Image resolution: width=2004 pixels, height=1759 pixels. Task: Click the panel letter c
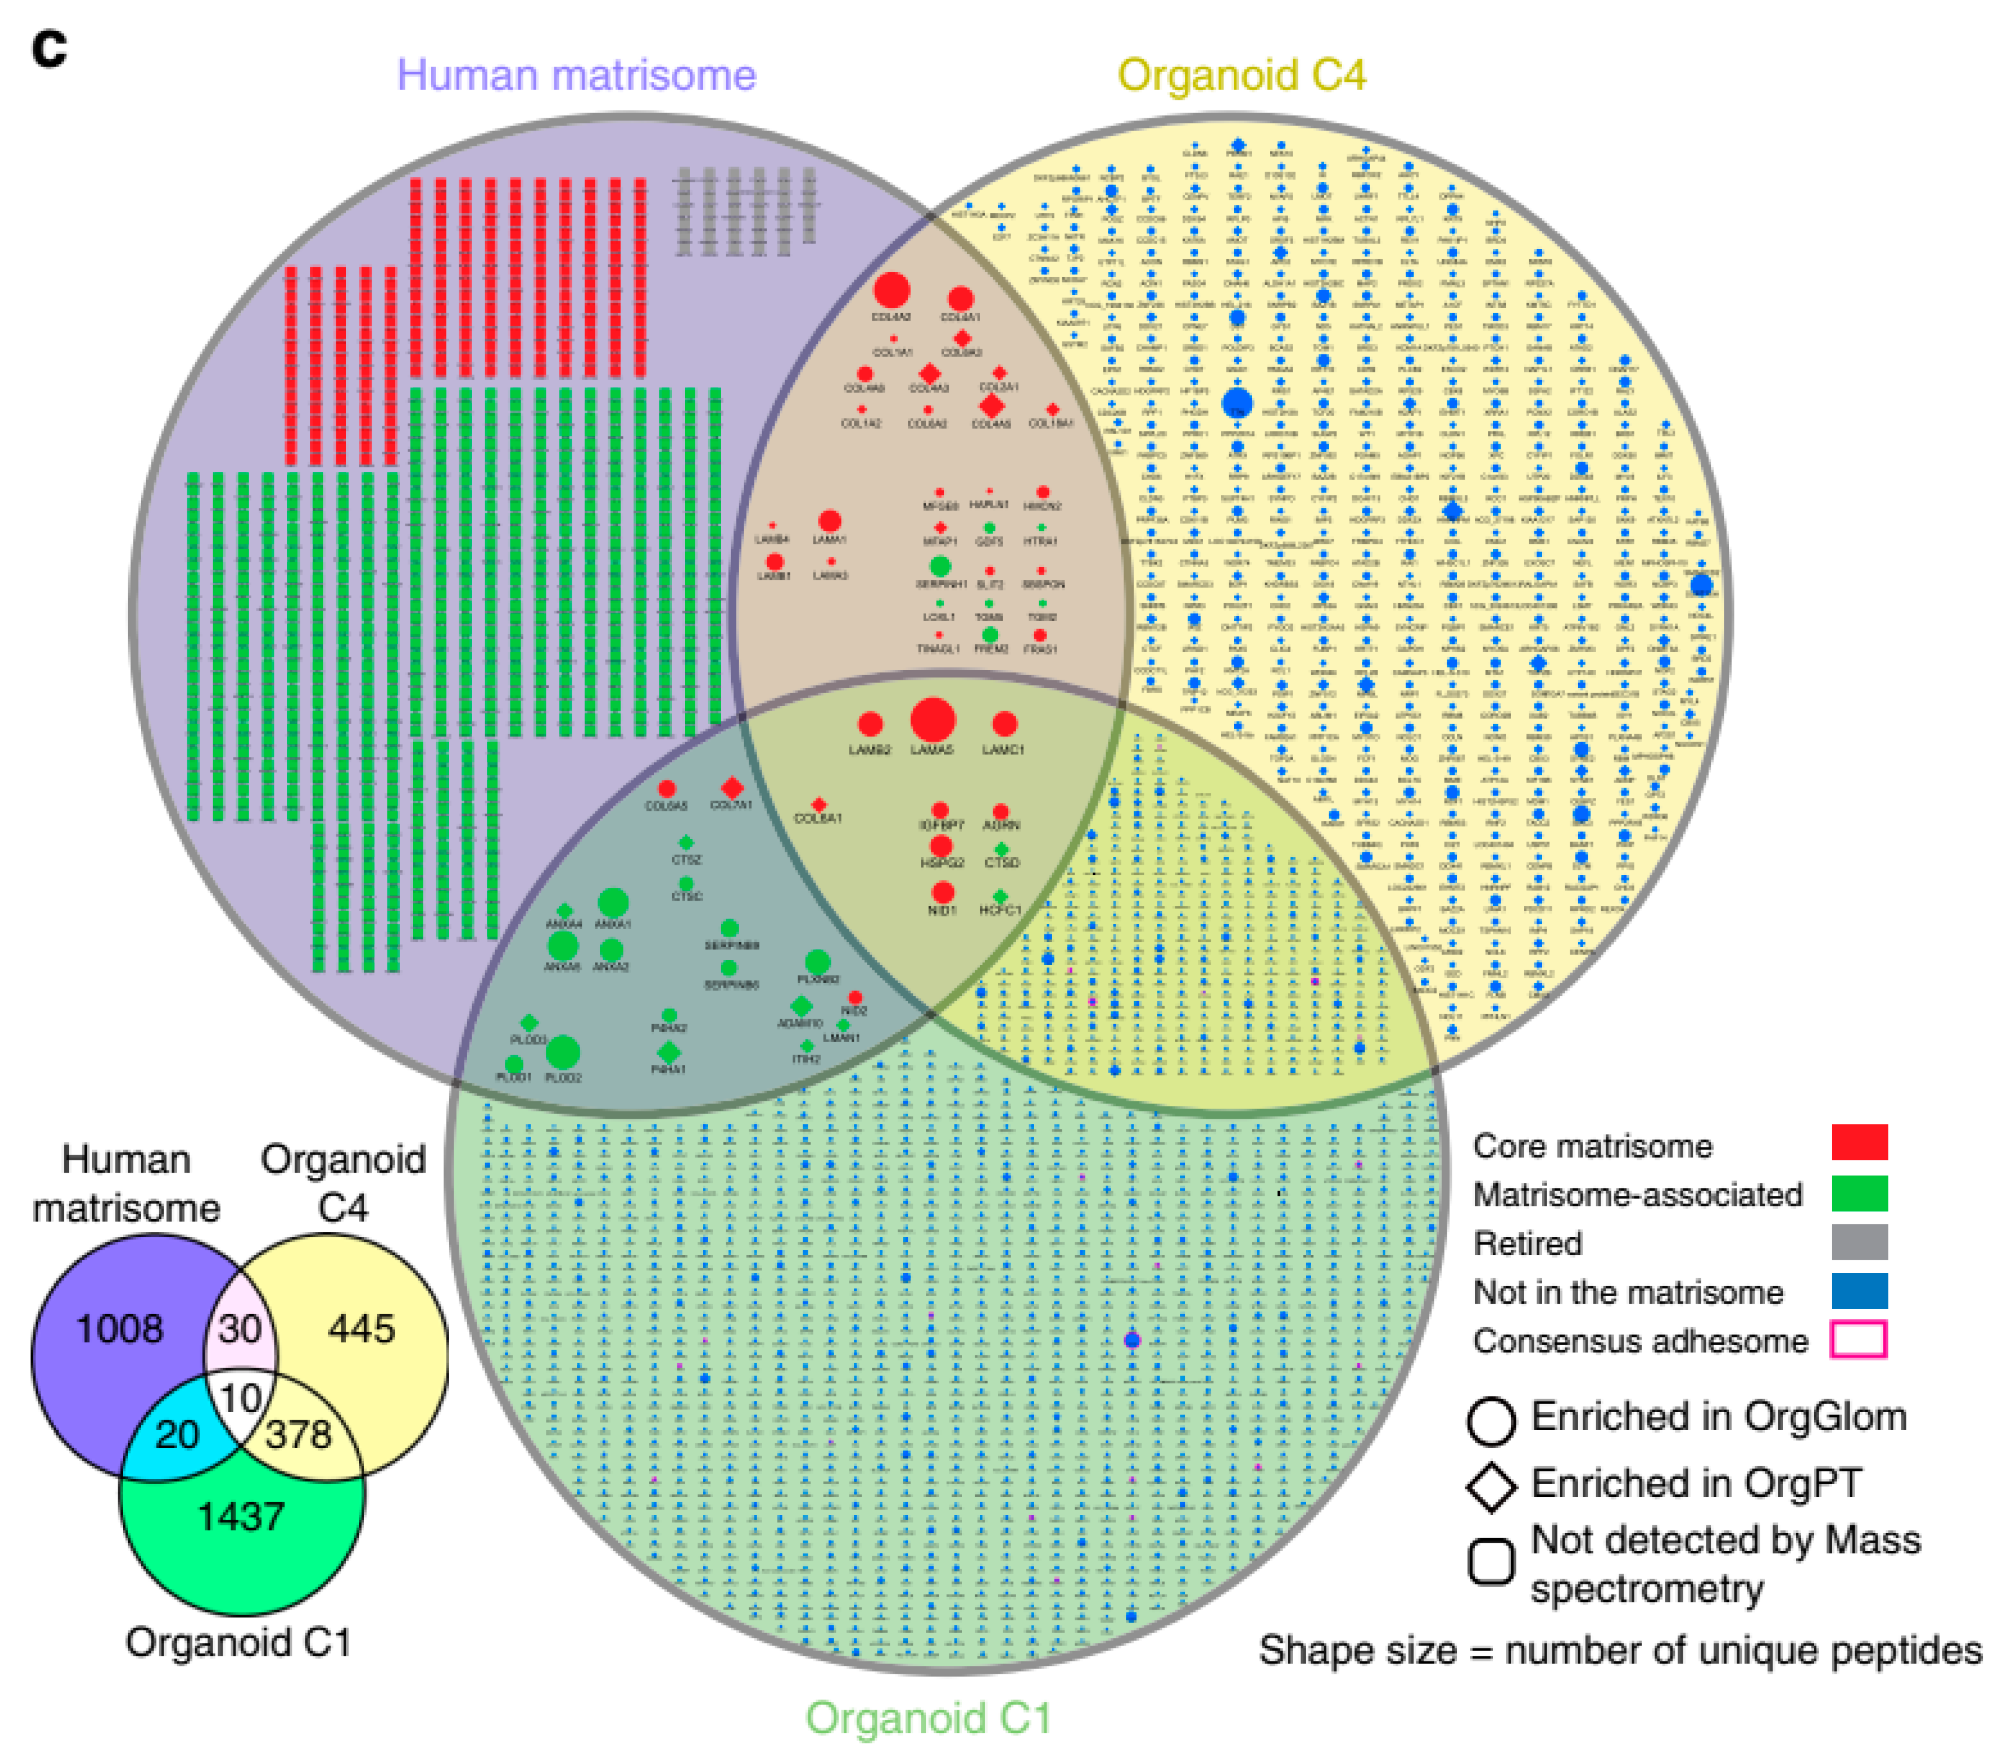[49, 47]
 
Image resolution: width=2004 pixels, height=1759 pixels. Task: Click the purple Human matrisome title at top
[576, 75]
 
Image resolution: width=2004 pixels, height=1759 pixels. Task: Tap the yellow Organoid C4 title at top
[1241, 75]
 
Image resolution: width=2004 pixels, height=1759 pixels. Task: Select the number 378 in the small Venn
[299, 1434]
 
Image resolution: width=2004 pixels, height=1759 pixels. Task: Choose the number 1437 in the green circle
[241, 1517]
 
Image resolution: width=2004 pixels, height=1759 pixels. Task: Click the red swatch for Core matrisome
[1859, 1143]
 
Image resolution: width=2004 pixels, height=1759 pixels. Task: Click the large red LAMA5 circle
[932, 721]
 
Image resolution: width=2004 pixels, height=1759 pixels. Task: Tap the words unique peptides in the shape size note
[1843, 1650]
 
